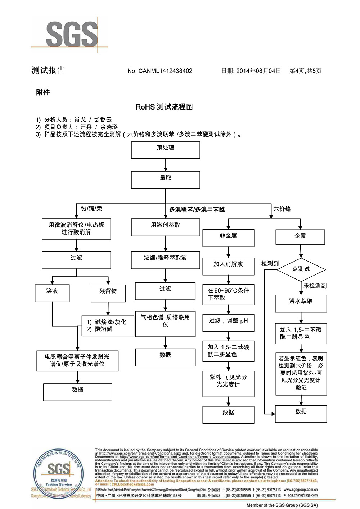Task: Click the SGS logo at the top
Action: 71,34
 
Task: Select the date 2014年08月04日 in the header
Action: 258,71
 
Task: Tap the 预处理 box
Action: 165,150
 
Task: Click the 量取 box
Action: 165,180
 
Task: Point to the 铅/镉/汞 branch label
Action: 91,209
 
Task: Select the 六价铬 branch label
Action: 282,209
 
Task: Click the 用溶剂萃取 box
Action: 165,227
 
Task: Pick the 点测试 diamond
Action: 301,269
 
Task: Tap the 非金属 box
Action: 228,238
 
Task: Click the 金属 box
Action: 300,237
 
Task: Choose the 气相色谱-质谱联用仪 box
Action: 165,324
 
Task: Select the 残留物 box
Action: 108,293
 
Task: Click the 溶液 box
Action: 52,293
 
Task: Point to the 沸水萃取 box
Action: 301,303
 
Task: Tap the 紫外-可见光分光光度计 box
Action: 228,384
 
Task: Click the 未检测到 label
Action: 315,286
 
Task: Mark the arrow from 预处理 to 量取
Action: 166,165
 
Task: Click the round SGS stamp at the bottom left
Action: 59,473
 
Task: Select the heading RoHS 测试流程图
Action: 164,107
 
